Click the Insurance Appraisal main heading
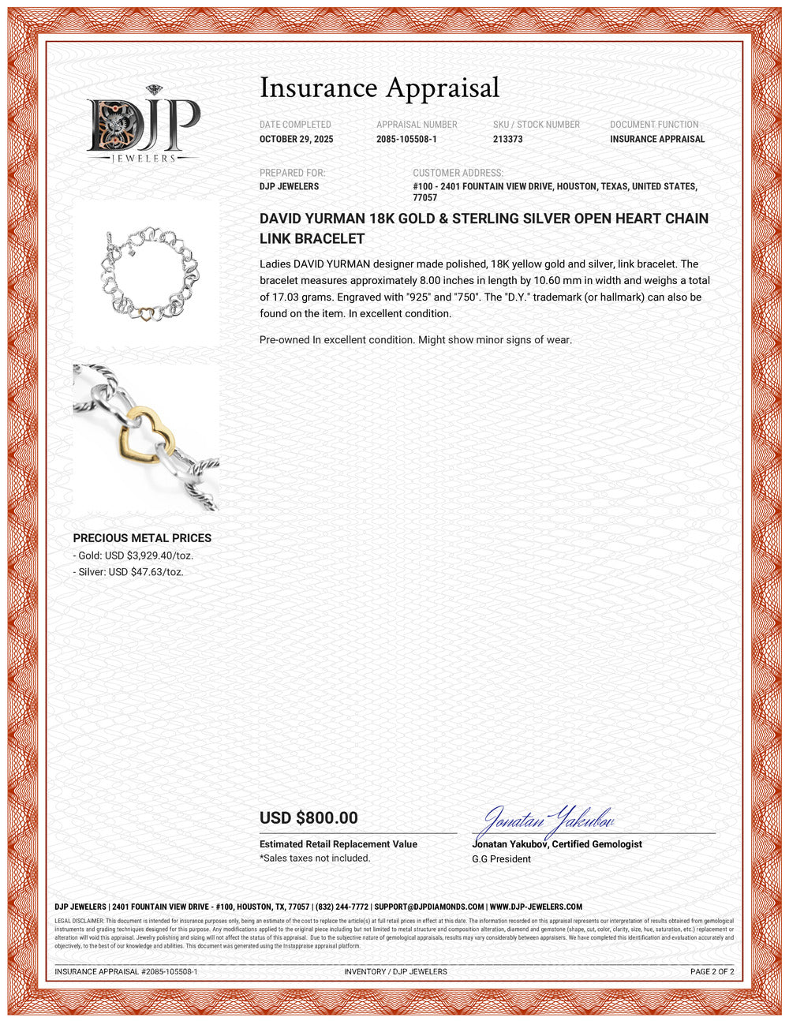click(x=380, y=88)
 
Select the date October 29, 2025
click(x=296, y=139)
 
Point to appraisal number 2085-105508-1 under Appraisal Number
click(x=406, y=139)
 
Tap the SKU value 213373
click(x=507, y=139)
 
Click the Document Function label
click(x=654, y=125)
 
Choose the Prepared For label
click(x=292, y=173)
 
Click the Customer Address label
click(x=458, y=173)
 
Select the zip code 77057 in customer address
click(x=424, y=197)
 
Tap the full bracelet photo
click(x=146, y=272)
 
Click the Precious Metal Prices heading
click(x=142, y=538)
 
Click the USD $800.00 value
click(x=308, y=818)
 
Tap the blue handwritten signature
click(x=547, y=823)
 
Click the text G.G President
click(x=501, y=858)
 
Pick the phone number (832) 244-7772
click(x=342, y=907)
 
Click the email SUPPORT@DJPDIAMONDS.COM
click(x=428, y=907)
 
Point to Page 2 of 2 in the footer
click(x=712, y=971)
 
